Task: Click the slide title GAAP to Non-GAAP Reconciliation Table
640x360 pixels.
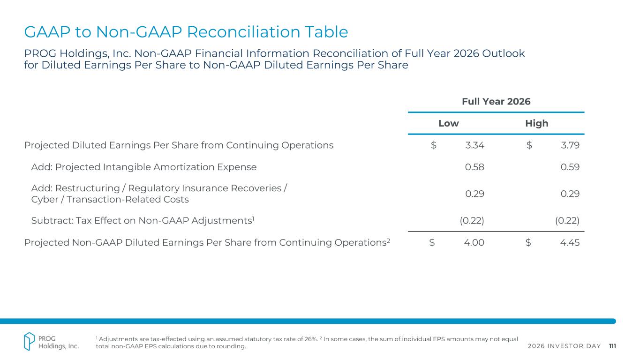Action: point(186,32)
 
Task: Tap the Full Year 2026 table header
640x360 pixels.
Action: point(496,101)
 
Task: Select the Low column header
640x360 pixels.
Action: point(448,123)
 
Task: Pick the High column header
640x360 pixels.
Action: point(537,123)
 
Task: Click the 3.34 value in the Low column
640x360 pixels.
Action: point(474,145)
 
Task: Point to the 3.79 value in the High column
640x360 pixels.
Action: point(570,145)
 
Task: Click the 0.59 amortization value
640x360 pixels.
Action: point(570,167)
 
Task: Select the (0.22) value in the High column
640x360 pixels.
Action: point(567,220)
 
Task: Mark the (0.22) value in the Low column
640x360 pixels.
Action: point(472,220)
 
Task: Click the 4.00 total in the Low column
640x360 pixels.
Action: point(474,243)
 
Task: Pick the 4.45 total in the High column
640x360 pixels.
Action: point(570,243)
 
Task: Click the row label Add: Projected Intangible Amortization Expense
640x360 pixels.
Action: point(143,167)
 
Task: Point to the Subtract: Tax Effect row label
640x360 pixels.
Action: point(143,220)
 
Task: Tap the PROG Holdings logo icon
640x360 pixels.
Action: point(30,341)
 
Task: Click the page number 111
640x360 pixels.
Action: point(612,346)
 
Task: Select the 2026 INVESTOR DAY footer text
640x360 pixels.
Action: point(564,346)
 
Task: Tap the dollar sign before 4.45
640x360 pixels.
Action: point(528,243)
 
